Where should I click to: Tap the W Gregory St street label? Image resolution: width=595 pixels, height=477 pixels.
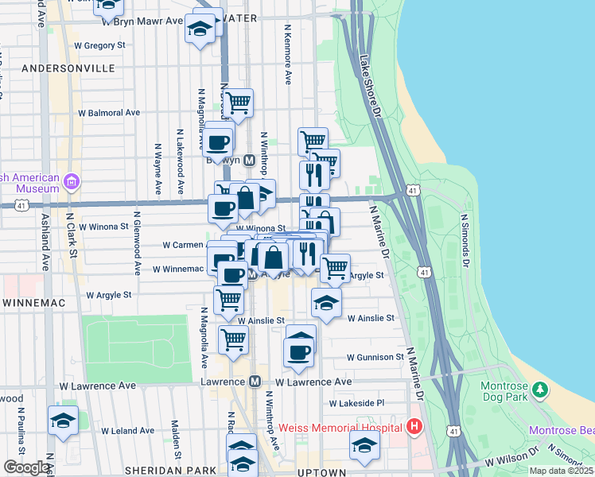tap(99, 45)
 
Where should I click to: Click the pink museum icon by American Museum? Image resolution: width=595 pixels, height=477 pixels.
tap(72, 183)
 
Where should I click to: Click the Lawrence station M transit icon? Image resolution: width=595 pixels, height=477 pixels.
tap(255, 382)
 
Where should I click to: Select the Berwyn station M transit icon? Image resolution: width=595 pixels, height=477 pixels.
tap(249, 160)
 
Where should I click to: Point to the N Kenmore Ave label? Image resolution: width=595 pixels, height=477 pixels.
tap(287, 54)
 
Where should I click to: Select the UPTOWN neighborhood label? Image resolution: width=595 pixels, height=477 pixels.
tap(321, 472)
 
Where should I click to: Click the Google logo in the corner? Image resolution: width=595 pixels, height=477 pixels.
tap(26, 467)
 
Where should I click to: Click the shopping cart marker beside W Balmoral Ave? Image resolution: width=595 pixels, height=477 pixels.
tap(237, 103)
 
